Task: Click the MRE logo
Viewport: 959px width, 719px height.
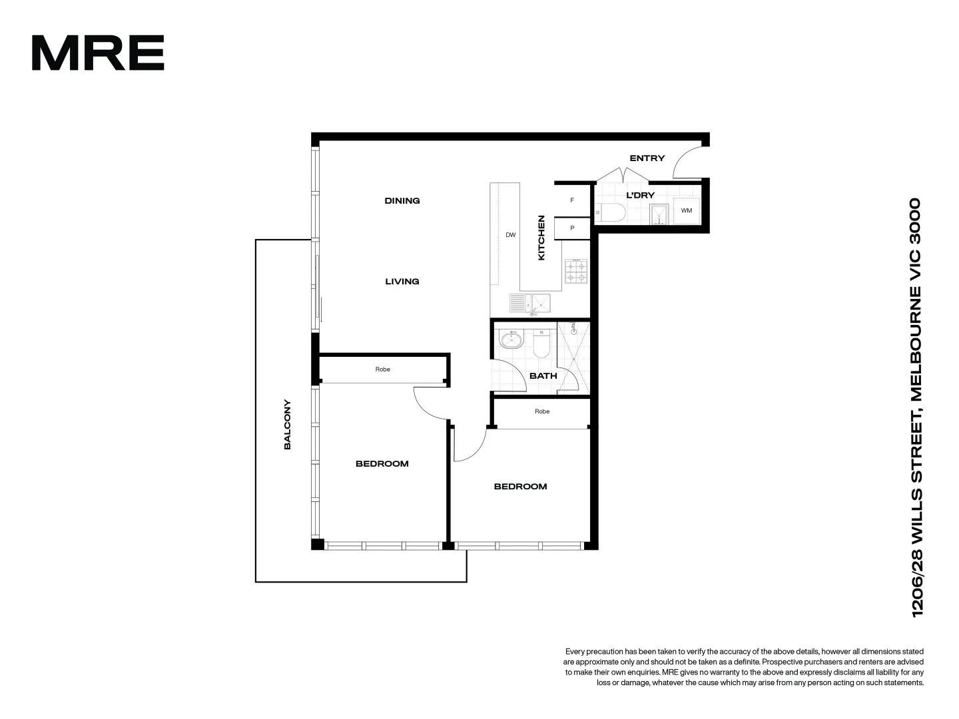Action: tap(98, 53)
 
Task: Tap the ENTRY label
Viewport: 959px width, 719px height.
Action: tap(647, 158)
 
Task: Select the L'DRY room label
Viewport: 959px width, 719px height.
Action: tap(640, 195)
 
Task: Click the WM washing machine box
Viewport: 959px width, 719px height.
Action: tap(687, 210)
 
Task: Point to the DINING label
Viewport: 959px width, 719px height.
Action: tap(402, 200)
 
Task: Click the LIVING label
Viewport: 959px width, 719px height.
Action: tap(402, 282)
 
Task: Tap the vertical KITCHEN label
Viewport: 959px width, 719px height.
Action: tap(541, 238)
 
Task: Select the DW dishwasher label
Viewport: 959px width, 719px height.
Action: tap(511, 235)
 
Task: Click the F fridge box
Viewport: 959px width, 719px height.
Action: tap(572, 200)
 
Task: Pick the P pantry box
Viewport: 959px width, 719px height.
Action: tap(572, 228)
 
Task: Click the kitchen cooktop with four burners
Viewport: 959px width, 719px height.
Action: tap(576, 271)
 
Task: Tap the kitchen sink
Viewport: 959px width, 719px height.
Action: tap(531, 304)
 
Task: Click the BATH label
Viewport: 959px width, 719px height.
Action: tap(543, 375)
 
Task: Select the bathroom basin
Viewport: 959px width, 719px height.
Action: tap(511, 340)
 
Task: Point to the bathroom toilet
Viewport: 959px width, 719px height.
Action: tap(540, 344)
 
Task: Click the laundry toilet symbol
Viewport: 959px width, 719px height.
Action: tap(610, 213)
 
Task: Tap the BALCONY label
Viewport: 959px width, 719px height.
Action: tap(288, 425)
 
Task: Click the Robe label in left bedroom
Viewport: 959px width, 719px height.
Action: tap(382, 369)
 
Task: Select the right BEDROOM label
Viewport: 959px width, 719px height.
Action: tap(520, 487)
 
